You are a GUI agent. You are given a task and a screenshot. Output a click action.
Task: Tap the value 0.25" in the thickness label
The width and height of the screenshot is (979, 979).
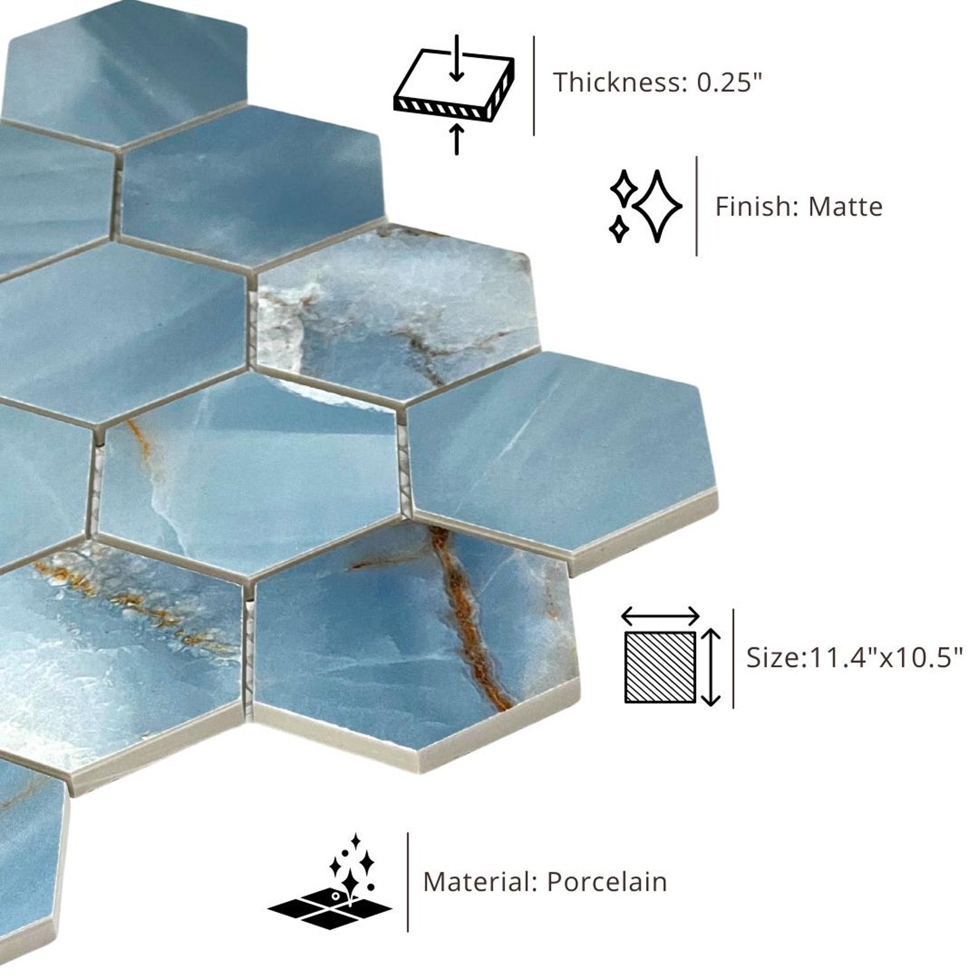pyautogui.click(x=729, y=82)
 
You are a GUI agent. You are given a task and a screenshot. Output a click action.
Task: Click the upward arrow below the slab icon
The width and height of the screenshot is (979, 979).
pyautogui.click(x=456, y=139)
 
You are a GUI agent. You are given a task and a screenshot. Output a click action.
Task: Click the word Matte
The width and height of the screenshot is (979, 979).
pyautogui.click(x=845, y=207)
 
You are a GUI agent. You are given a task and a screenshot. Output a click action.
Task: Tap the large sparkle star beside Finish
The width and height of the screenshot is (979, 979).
pyautogui.click(x=658, y=205)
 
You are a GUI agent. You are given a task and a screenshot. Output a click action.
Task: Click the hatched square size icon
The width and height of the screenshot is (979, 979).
pyautogui.click(x=660, y=667)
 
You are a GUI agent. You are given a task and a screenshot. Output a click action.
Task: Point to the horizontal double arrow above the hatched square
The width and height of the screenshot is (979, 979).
pyautogui.click(x=660, y=615)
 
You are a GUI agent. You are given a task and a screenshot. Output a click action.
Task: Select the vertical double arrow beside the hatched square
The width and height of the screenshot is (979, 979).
pyautogui.click(x=711, y=667)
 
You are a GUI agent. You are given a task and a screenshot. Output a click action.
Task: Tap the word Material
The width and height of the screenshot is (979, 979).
pyautogui.click(x=480, y=882)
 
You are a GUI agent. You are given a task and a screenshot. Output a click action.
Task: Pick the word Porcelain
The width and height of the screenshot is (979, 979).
pyautogui.click(x=607, y=882)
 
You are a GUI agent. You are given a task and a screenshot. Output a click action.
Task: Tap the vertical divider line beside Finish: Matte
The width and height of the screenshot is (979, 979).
pyautogui.click(x=697, y=206)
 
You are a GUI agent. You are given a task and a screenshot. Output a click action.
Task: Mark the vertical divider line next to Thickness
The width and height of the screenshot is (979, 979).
pyautogui.click(x=534, y=85)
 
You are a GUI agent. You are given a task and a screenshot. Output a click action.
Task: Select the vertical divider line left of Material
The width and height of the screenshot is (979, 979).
pyautogui.click(x=408, y=882)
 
